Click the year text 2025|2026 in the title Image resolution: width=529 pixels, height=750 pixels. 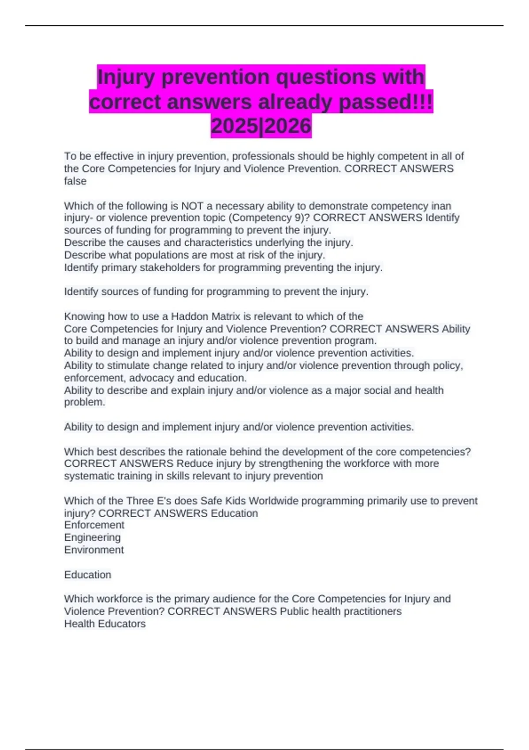click(x=261, y=126)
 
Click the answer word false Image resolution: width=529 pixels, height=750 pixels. click(x=75, y=181)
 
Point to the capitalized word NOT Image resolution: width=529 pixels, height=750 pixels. click(x=192, y=206)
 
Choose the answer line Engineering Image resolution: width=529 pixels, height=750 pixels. click(x=93, y=537)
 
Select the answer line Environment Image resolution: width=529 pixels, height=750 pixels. click(x=94, y=550)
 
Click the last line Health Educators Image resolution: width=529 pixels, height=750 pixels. click(x=105, y=624)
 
